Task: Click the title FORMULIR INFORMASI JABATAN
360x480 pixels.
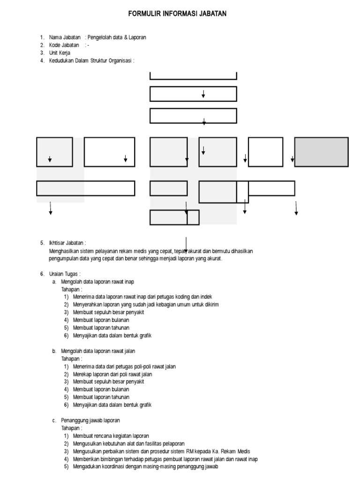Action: [x=177, y=14]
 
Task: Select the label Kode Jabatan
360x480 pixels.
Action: [x=64, y=45]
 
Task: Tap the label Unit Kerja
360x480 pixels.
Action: [x=60, y=53]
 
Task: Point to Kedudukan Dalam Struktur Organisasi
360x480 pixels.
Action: [x=91, y=60]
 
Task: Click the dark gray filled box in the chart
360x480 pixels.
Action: [x=321, y=152]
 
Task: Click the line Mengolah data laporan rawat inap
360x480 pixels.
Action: [x=97, y=282]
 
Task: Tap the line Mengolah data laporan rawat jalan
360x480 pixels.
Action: [x=98, y=351]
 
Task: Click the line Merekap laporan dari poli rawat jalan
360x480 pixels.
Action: [x=112, y=374]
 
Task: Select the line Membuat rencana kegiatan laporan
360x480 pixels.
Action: [x=111, y=436]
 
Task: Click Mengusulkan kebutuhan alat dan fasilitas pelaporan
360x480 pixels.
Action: [x=128, y=443]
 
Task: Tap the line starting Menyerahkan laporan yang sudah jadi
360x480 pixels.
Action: [x=146, y=305]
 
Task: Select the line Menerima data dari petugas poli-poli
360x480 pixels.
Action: [x=124, y=367]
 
